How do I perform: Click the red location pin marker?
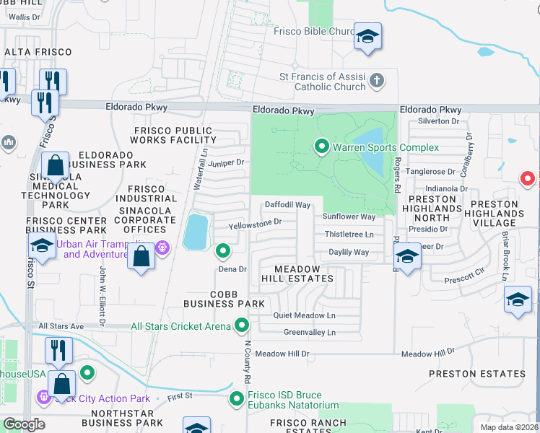click(528, 178)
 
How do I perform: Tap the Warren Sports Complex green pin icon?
click(322, 147)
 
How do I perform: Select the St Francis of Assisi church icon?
click(375, 80)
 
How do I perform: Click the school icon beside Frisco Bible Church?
click(367, 37)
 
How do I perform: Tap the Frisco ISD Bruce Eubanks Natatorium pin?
click(236, 398)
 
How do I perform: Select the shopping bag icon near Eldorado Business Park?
click(56, 167)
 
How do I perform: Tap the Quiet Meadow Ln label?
click(304, 316)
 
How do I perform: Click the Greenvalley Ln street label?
click(309, 333)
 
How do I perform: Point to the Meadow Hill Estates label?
click(297, 274)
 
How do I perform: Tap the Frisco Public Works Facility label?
click(173, 135)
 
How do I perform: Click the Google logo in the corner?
click(24, 424)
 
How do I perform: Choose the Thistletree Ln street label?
click(349, 235)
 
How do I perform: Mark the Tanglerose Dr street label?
click(431, 172)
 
